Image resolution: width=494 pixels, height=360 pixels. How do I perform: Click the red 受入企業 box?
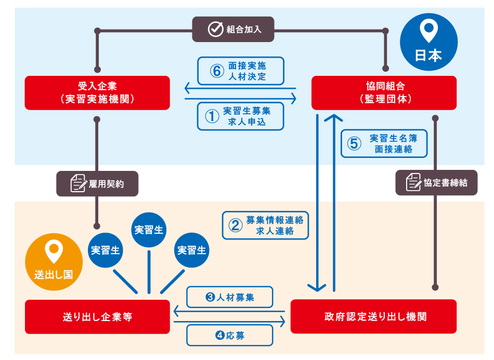(x=97, y=92)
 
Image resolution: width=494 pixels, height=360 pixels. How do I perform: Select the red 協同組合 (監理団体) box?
(x=384, y=92)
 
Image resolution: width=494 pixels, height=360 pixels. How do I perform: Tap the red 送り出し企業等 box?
(x=97, y=316)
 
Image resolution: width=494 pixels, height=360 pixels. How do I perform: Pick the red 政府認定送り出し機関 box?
(x=373, y=316)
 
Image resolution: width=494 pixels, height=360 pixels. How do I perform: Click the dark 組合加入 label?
(x=233, y=29)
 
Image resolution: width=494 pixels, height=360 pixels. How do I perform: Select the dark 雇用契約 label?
(x=97, y=183)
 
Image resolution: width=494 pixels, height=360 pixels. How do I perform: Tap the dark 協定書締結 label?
(x=436, y=183)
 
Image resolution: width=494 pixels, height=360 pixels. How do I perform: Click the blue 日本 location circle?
(x=428, y=42)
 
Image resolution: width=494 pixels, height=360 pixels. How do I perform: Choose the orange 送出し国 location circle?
(x=54, y=260)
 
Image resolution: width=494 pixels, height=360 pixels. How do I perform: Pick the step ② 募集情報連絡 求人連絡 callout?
(x=266, y=225)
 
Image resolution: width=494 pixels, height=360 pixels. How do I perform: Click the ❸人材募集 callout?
(x=229, y=298)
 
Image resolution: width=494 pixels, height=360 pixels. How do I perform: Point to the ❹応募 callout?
(x=229, y=336)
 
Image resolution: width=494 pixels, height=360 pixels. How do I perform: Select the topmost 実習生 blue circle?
(x=149, y=230)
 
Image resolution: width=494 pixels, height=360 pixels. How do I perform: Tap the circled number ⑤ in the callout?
(x=354, y=144)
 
